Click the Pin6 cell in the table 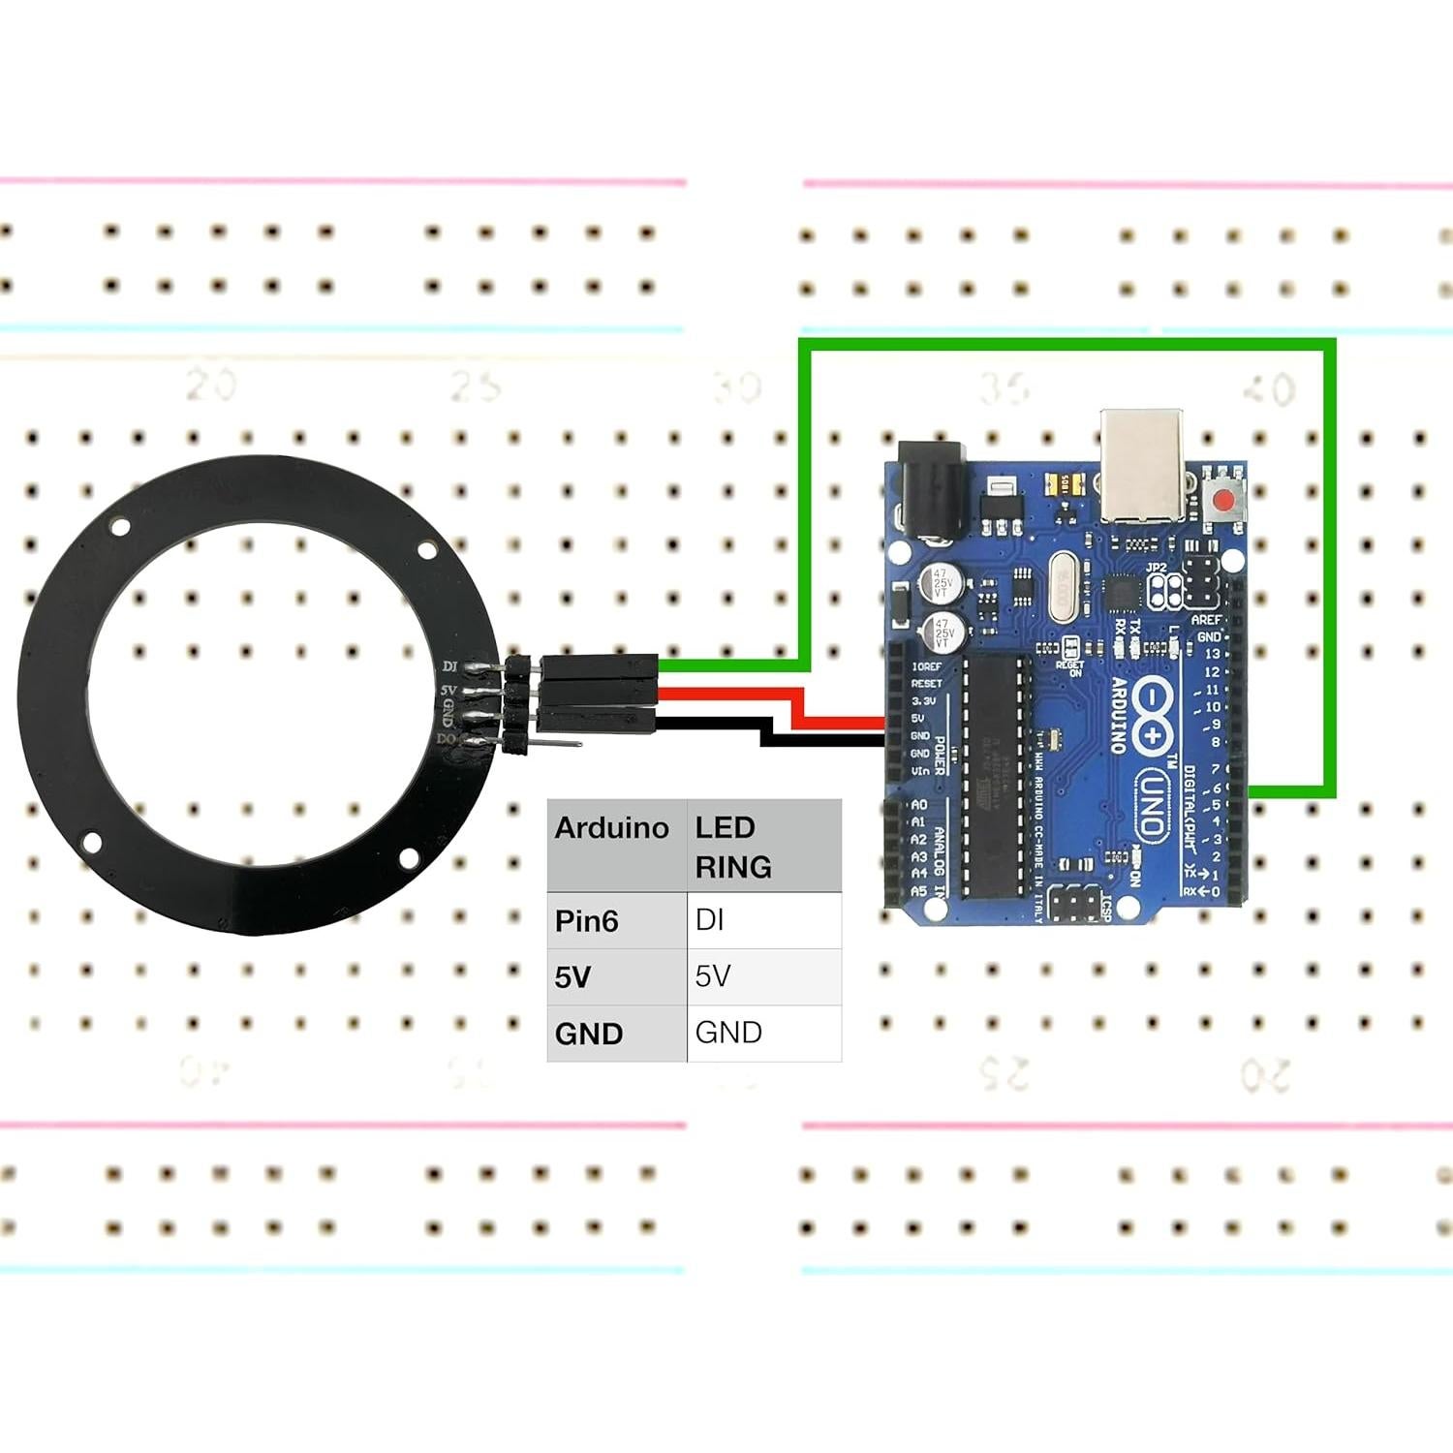point(587,920)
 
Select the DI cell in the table point(710,919)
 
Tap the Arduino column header point(611,828)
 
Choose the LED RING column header point(733,847)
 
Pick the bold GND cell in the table point(589,1034)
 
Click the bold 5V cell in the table point(572,976)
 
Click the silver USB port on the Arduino point(1141,465)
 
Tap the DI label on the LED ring point(449,666)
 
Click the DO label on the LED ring point(446,739)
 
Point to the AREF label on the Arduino point(1206,620)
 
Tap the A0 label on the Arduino point(919,804)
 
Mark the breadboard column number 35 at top point(1003,389)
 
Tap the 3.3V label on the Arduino point(923,700)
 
